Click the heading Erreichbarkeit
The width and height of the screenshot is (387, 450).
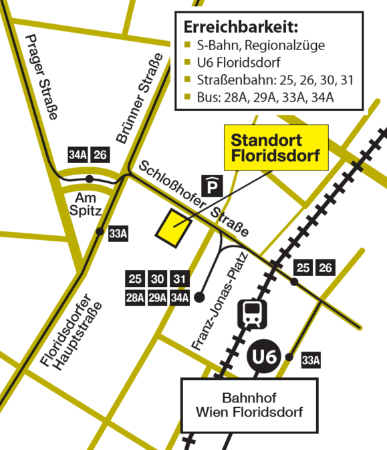(240, 28)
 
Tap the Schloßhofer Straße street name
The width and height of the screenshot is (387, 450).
(193, 199)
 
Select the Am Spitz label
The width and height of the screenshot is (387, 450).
(86, 204)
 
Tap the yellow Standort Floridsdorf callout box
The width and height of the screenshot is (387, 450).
(275, 148)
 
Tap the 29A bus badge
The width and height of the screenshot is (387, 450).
(158, 298)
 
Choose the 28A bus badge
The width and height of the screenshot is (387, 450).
(136, 298)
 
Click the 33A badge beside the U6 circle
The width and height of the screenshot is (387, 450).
(311, 360)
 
